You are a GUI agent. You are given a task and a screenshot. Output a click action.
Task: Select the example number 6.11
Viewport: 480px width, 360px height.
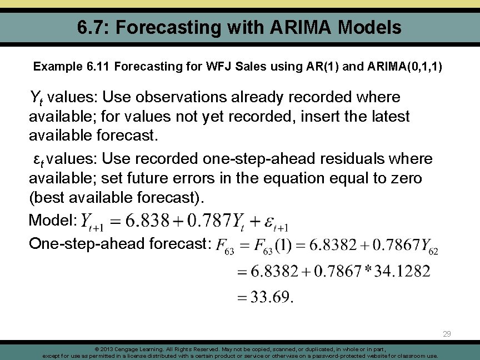pyautogui.click(x=99, y=67)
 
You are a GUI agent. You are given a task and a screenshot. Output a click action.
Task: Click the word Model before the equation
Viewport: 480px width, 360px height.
pyautogui.click(x=49, y=221)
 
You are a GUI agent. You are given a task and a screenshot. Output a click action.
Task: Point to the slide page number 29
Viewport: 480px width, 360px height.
pyautogui.click(x=447, y=334)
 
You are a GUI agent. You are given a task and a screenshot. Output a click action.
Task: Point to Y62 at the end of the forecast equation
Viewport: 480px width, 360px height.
pyautogui.click(x=429, y=246)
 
